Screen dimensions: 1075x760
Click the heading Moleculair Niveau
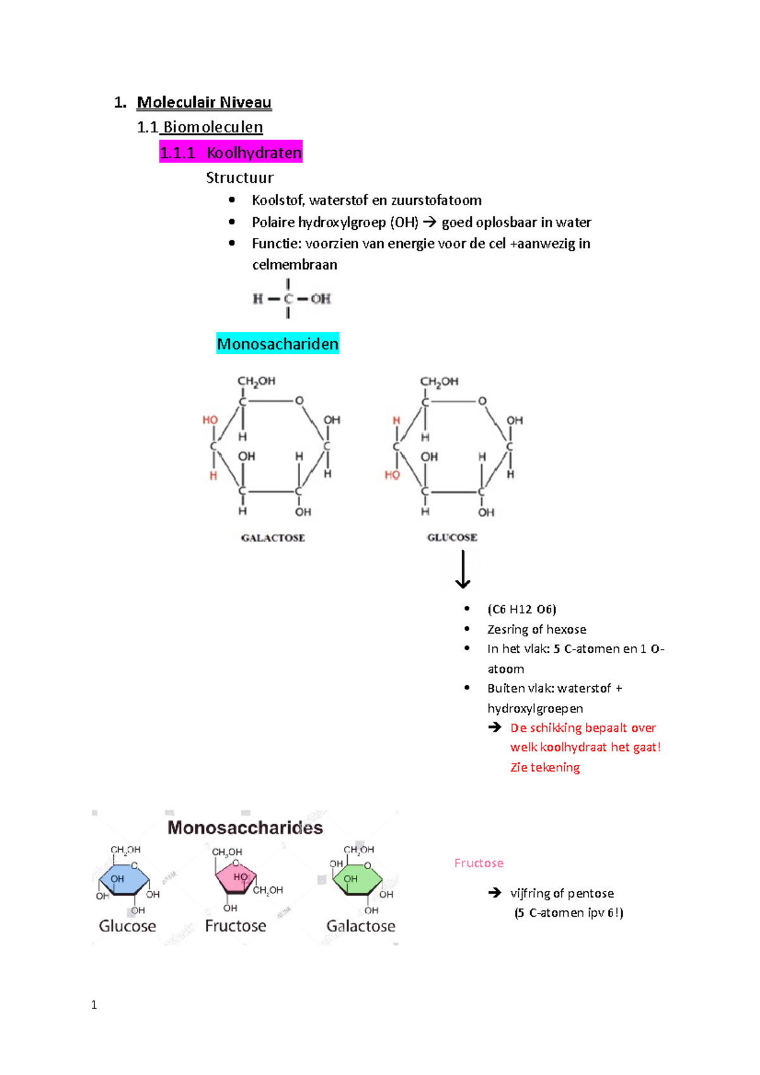(204, 103)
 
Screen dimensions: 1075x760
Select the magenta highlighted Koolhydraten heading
(231, 153)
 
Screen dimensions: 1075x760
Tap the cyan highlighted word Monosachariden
(277, 344)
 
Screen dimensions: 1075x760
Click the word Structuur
(239, 178)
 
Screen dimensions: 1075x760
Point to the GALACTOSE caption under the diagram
(273, 538)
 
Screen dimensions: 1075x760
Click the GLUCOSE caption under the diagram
(452, 537)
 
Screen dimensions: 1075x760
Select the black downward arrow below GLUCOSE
(463, 569)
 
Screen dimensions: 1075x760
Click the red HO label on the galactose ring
(210, 420)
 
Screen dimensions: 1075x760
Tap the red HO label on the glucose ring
(392, 475)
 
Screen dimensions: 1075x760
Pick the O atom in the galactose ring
(299, 401)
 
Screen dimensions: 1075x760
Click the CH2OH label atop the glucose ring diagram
(439, 381)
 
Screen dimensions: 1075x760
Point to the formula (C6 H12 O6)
(521, 609)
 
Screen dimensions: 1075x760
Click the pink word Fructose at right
(479, 863)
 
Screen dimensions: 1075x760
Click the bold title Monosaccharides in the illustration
(245, 827)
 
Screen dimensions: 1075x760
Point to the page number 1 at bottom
(94, 1005)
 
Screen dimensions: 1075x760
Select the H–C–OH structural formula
(291, 298)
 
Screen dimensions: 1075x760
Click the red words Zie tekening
(545, 767)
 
